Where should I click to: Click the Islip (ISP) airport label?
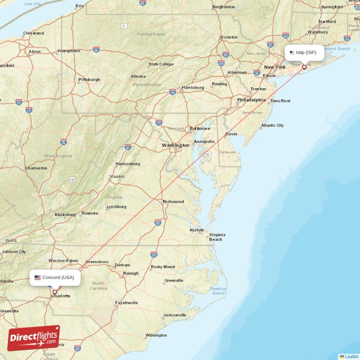pos(306,53)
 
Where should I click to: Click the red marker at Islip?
pos(304,67)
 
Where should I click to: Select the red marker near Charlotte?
pos(55,292)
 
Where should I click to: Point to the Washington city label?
pos(175,145)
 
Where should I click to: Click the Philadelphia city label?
pos(251,100)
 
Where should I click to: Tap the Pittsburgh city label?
pos(89,80)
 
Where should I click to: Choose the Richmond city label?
pos(173,202)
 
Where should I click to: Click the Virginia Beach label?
pos(217,237)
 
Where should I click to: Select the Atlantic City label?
pos(272,126)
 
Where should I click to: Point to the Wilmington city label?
pos(156,335)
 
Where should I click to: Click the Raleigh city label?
pos(131,273)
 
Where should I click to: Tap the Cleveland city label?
pos(33,33)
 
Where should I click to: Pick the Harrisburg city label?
pos(193,87)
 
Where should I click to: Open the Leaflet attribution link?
pos(351,357)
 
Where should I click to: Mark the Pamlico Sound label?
pos(218,291)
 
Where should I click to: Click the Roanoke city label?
pos(90,213)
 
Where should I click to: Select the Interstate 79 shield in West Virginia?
pos(63,142)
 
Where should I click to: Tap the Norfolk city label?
pos(197,230)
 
